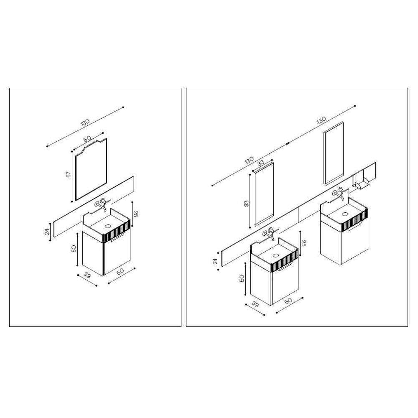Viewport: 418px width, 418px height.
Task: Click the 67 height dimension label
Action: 69,175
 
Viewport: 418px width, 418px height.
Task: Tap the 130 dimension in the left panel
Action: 85,122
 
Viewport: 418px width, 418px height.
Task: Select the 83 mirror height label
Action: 246,204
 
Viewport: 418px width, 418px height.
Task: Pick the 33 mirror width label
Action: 261,163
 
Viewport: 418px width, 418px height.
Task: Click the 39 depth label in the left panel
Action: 87,275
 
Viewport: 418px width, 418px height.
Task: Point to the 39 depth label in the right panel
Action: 255,304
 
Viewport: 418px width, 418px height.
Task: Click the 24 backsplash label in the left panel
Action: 47,232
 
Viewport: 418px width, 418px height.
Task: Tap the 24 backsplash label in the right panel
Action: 215,261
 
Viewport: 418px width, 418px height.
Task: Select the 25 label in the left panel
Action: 135,214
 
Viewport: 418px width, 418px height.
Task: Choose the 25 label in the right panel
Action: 303,243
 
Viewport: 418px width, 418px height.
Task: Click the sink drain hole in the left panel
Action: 108,226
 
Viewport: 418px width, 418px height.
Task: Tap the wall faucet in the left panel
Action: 101,204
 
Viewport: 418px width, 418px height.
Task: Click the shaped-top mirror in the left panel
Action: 91,169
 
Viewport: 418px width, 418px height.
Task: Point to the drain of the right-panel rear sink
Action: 346,214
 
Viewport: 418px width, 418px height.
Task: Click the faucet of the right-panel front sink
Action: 269,234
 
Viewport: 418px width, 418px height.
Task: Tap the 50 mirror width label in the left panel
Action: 87,139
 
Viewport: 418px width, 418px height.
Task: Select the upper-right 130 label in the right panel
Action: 321,120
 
